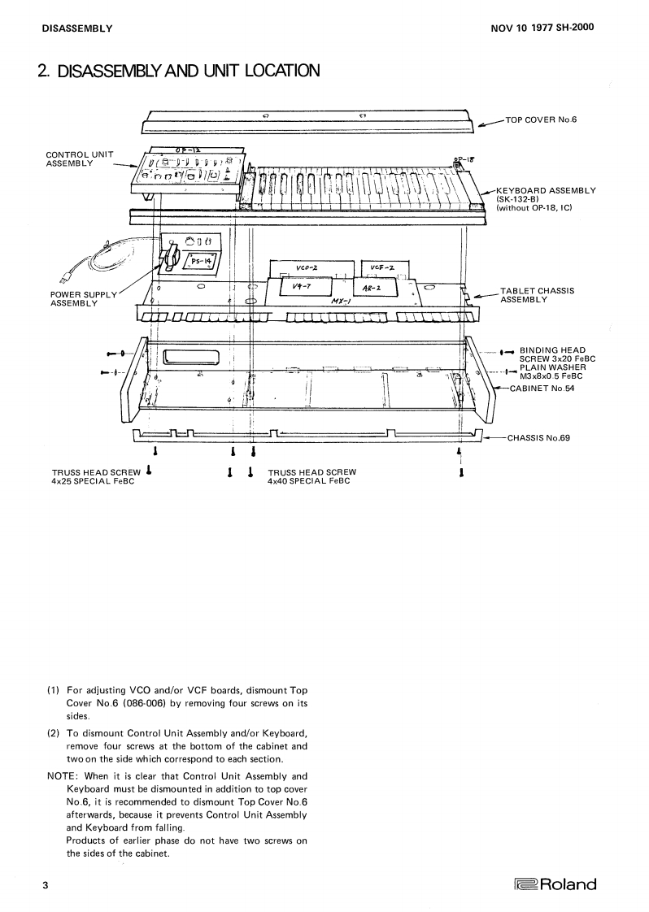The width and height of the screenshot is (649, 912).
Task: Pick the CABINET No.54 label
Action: (x=541, y=389)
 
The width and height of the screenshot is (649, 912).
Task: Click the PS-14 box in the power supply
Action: (x=198, y=261)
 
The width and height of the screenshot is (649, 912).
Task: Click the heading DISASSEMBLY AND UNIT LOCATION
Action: (x=177, y=72)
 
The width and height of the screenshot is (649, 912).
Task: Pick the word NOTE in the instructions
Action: (x=62, y=775)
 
